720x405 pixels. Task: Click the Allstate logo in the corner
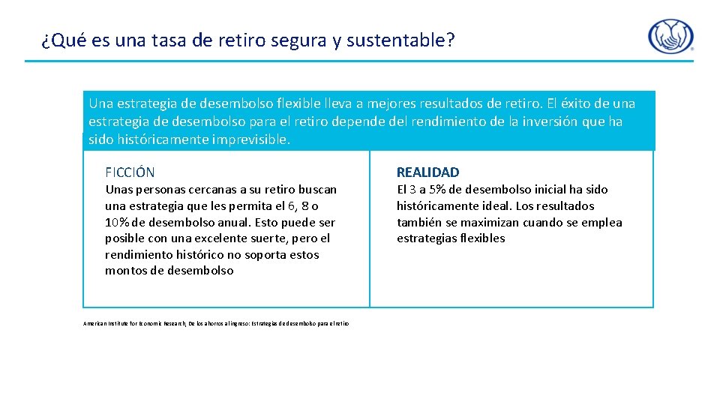coord(670,37)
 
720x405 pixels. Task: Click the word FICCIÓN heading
coord(130,172)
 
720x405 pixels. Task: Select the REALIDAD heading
coord(427,172)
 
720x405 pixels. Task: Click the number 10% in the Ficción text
coord(117,222)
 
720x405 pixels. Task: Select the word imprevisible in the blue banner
coord(250,139)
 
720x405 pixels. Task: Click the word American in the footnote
coord(94,323)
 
